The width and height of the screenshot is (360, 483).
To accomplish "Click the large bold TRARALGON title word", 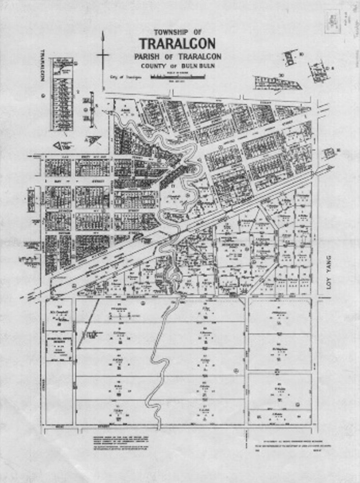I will click(177, 44).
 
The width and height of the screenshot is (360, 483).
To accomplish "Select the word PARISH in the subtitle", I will click(146, 57).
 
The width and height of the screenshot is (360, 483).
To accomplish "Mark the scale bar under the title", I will click(178, 76).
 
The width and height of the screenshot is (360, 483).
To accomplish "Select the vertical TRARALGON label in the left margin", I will click(43, 66).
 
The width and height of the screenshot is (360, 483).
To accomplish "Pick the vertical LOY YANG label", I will click(329, 277).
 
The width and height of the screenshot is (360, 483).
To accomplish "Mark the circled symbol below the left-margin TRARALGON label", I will click(43, 96).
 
